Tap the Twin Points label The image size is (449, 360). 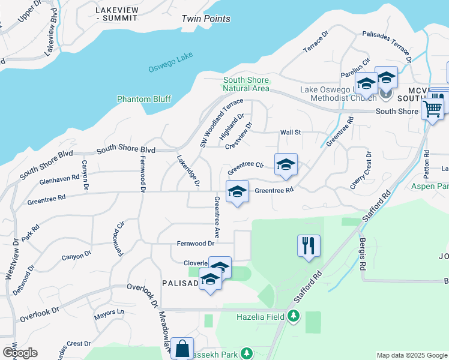click(x=206, y=19)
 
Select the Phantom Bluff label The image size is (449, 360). click(x=143, y=99)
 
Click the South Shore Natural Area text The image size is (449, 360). click(x=247, y=84)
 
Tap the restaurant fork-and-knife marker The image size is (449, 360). click(x=309, y=245)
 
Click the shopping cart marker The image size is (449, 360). click(x=432, y=110)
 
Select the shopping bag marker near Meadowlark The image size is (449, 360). click(x=182, y=347)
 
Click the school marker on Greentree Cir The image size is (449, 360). click(x=286, y=164)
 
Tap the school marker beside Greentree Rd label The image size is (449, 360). click(x=237, y=192)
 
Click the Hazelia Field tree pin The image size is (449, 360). click(x=293, y=316)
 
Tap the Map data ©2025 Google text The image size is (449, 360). click(x=411, y=355)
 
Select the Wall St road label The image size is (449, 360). click(x=290, y=133)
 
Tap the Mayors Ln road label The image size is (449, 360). click(x=109, y=313)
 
